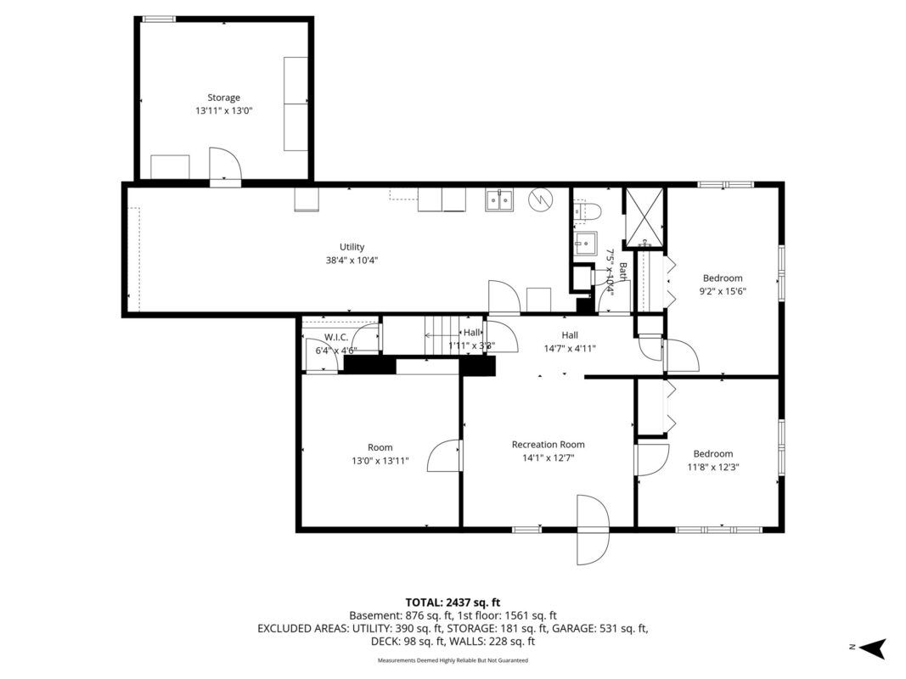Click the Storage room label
pos(223,98)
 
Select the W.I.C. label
pos(336,337)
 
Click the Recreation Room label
pos(548,444)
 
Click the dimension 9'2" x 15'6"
pos(722,291)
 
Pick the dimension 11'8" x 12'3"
pos(712,467)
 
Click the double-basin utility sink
pos(498,200)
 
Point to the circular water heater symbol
pos(541,199)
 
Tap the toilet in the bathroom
pos(587,210)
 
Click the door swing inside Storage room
pos(225,166)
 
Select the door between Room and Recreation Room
pos(445,456)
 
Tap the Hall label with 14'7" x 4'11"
pos(570,341)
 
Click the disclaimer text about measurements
pos(453,660)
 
